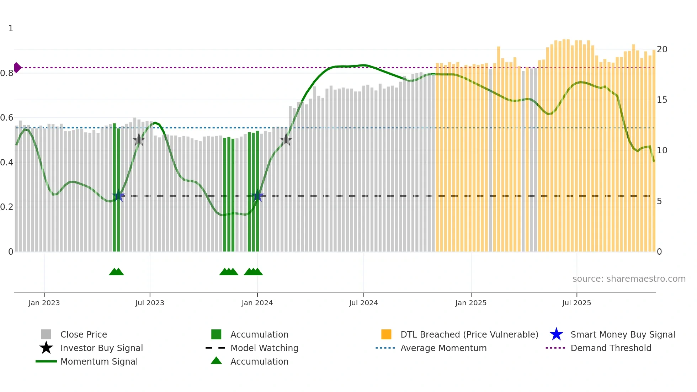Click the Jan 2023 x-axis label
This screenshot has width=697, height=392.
(x=44, y=303)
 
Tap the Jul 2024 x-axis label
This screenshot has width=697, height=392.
(x=363, y=303)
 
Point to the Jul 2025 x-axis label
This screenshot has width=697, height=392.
(x=576, y=303)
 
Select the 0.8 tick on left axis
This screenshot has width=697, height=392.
(x=7, y=73)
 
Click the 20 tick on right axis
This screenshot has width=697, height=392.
(x=662, y=49)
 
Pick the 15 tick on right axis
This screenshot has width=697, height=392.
(x=662, y=100)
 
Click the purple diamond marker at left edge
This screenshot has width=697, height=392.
(x=17, y=67)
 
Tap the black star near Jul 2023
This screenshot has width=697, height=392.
(x=139, y=140)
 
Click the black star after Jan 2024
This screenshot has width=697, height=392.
(x=286, y=140)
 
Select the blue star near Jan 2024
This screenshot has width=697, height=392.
(x=257, y=196)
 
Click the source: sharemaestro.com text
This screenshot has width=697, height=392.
(x=629, y=279)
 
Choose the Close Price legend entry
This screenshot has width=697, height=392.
(x=84, y=334)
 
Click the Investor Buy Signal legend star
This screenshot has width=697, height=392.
(x=46, y=348)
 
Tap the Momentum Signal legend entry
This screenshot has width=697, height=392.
(x=99, y=361)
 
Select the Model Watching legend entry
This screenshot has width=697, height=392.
(x=264, y=348)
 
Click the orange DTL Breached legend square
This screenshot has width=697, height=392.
(x=386, y=334)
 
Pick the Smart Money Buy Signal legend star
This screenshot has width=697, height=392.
(x=556, y=334)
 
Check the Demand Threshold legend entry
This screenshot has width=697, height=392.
(x=611, y=348)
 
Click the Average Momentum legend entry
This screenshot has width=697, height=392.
(x=443, y=348)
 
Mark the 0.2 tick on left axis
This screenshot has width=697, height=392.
(x=7, y=207)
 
